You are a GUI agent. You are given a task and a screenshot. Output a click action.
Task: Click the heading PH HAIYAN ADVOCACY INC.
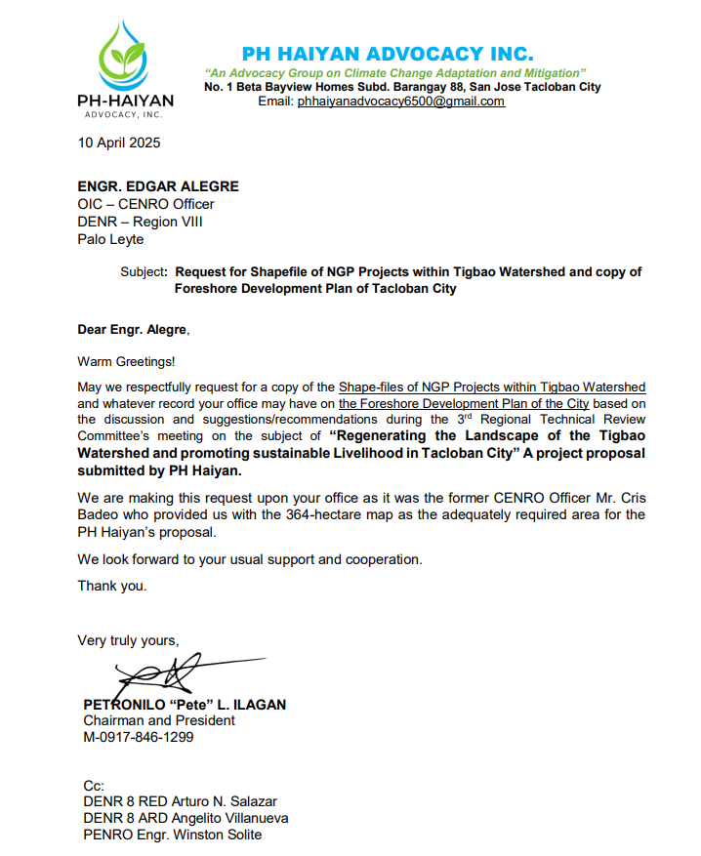[388, 54]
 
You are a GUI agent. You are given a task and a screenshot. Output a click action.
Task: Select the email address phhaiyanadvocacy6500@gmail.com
[401, 102]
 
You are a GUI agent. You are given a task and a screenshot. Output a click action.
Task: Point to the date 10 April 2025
[119, 143]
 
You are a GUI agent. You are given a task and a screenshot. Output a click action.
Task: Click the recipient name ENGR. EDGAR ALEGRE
[158, 186]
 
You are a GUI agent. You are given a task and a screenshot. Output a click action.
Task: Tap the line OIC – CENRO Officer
[145, 204]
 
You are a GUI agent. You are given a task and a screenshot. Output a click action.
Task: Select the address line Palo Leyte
[110, 239]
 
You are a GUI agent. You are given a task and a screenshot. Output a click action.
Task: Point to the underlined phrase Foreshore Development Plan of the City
[464, 403]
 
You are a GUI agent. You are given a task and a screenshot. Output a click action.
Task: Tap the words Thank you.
[112, 586]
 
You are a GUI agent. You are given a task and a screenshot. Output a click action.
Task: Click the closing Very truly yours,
[129, 640]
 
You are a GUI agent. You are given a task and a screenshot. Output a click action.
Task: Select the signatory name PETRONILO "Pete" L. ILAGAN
[185, 704]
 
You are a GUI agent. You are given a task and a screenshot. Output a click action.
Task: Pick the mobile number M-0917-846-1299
[139, 737]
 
